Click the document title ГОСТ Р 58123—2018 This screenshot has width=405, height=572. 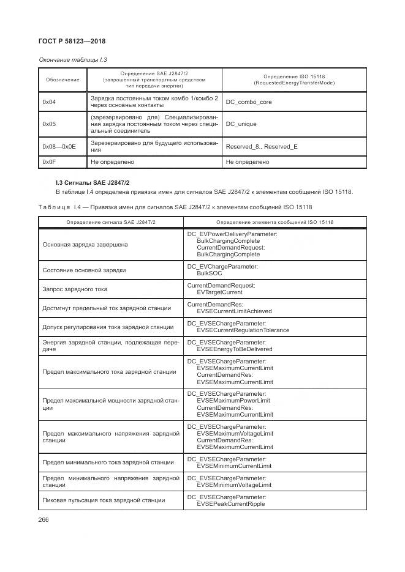(x=69, y=41)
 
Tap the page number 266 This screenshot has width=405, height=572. (x=44, y=519)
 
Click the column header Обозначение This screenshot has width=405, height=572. (x=62, y=80)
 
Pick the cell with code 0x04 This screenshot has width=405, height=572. (x=49, y=102)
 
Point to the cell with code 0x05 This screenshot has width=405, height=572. (x=49, y=124)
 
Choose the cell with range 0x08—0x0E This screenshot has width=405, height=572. (x=58, y=147)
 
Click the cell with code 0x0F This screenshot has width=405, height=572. (x=49, y=162)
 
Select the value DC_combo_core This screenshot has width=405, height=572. (x=249, y=102)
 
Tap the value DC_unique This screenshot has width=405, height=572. (x=241, y=124)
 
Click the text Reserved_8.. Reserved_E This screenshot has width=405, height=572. (x=262, y=147)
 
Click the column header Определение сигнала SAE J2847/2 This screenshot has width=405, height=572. (x=111, y=221)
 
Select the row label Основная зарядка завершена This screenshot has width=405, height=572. (x=85, y=245)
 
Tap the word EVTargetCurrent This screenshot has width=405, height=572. (x=219, y=292)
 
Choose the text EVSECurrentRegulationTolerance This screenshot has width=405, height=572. (x=243, y=330)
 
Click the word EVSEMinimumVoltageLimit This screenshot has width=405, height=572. (x=233, y=485)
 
